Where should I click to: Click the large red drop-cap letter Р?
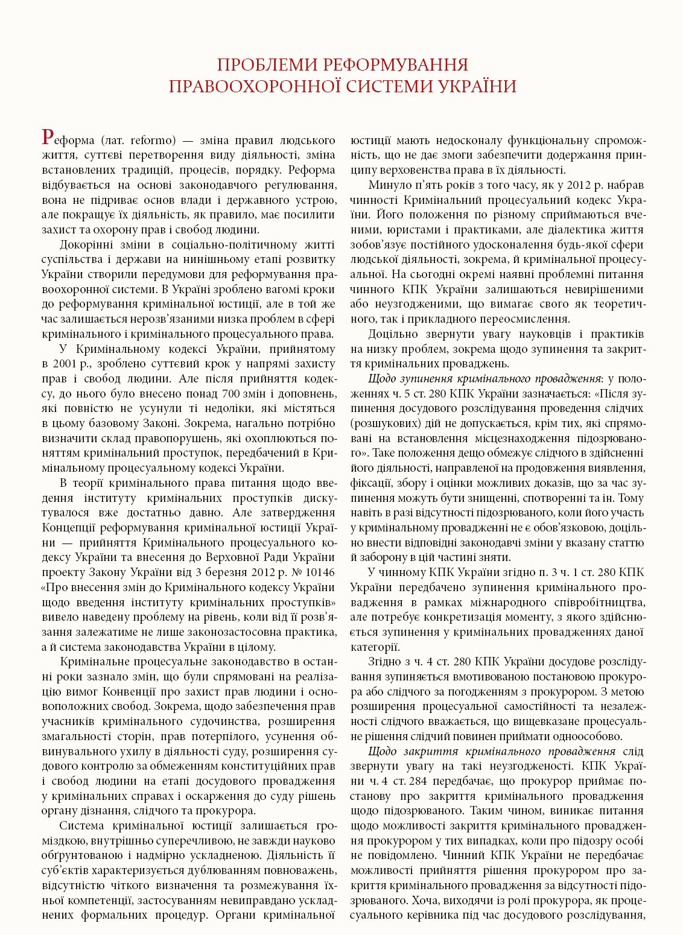pyautogui.click(x=49, y=138)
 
